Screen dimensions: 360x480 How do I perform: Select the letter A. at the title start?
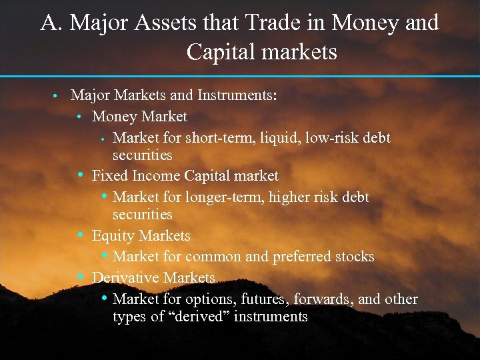tap(52, 23)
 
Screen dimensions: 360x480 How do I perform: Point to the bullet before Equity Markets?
tap(80, 235)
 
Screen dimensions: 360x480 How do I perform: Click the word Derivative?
tap(125, 277)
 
